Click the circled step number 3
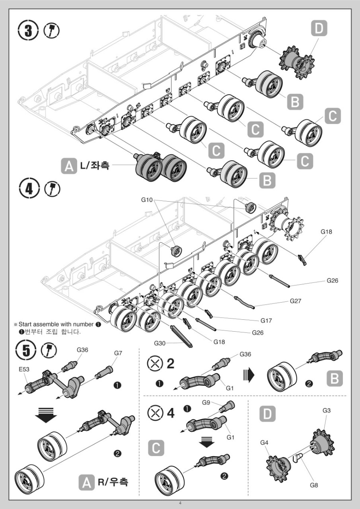(x=29, y=31)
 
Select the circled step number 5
(x=26, y=350)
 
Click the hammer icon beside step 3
(x=51, y=31)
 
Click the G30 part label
(x=160, y=342)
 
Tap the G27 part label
(x=296, y=301)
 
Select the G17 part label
(x=267, y=320)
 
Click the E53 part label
(x=24, y=369)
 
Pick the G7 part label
(x=118, y=353)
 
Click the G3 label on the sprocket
(x=327, y=410)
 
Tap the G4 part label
(x=265, y=442)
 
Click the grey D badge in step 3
(x=319, y=29)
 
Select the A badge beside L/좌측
(x=68, y=165)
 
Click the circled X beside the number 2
(x=154, y=363)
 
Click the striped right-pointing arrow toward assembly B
(x=248, y=374)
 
